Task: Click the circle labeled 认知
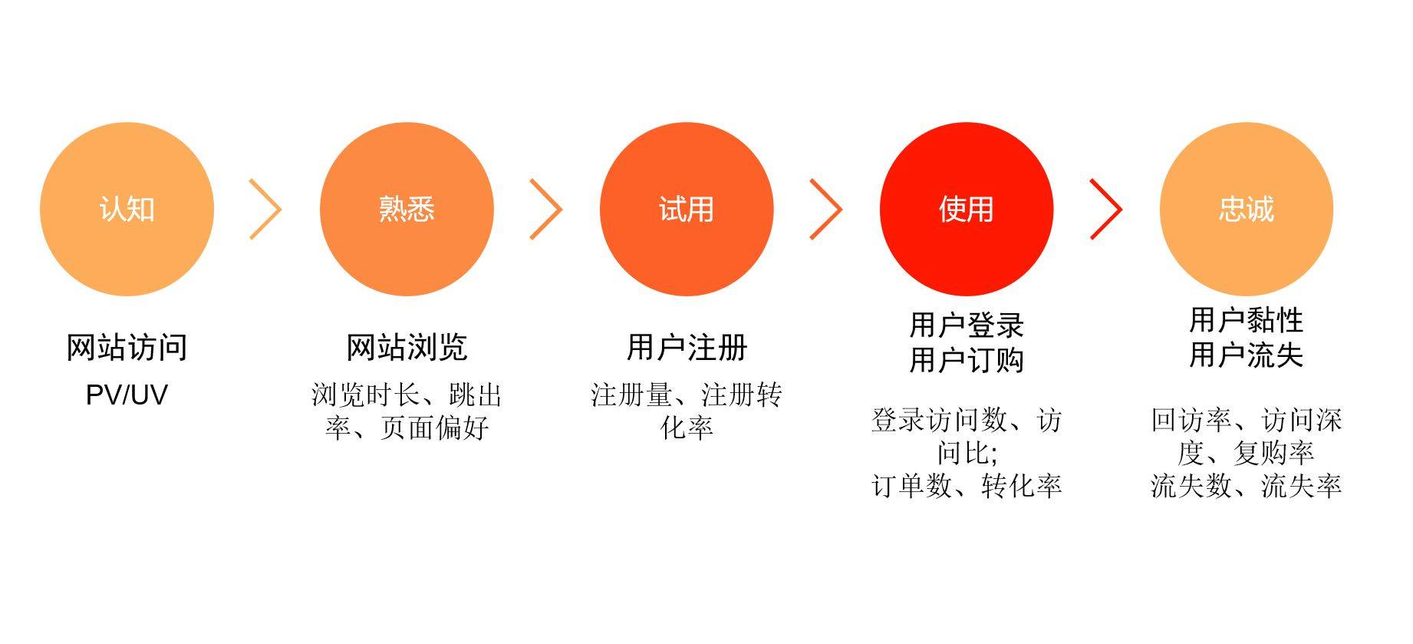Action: pyautogui.click(x=127, y=210)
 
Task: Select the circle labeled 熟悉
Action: pyautogui.click(x=407, y=210)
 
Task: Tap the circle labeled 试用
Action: pyautogui.click(x=687, y=210)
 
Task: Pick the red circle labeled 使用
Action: pyautogui.click(x=967, y=210)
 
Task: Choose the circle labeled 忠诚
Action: pyautogui.click(x=1247, y=210)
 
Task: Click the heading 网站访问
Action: pyautogui.click(x=127, y=348)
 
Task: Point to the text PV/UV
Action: pyautogui.click(x=127, y=395)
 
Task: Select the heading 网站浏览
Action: pyautogui.click(x=407, y=348)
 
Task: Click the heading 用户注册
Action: pyautogui.click(x=687, y=348)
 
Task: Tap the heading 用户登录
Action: pyautogui.click(x=967, y=325)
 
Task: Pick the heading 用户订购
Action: pyautogui.click(x=967, y=359)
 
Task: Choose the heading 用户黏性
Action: pyautogui.click(x=1247, y=320)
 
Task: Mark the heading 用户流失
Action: pyautogui.click(x=1247, y=355)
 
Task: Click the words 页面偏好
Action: pyautogui.click(x=435, y=428)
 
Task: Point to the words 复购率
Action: pyautogui.click(x=1273, y=453)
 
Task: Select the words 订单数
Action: pyautogui.click(x=912, y=486)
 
